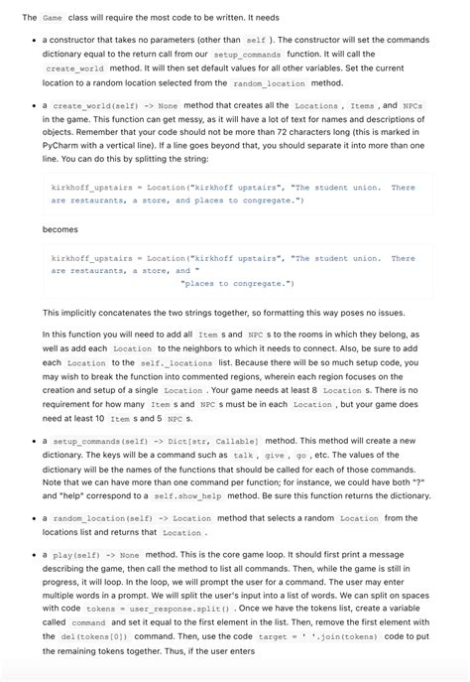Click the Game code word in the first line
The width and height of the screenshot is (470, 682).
click(53, 18)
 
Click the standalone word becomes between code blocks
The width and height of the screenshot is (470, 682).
click(61, 229)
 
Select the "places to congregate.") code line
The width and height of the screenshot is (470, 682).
click(237, 284)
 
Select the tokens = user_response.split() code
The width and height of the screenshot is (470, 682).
click(158, 609)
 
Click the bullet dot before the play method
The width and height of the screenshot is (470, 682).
click(31, 557)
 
